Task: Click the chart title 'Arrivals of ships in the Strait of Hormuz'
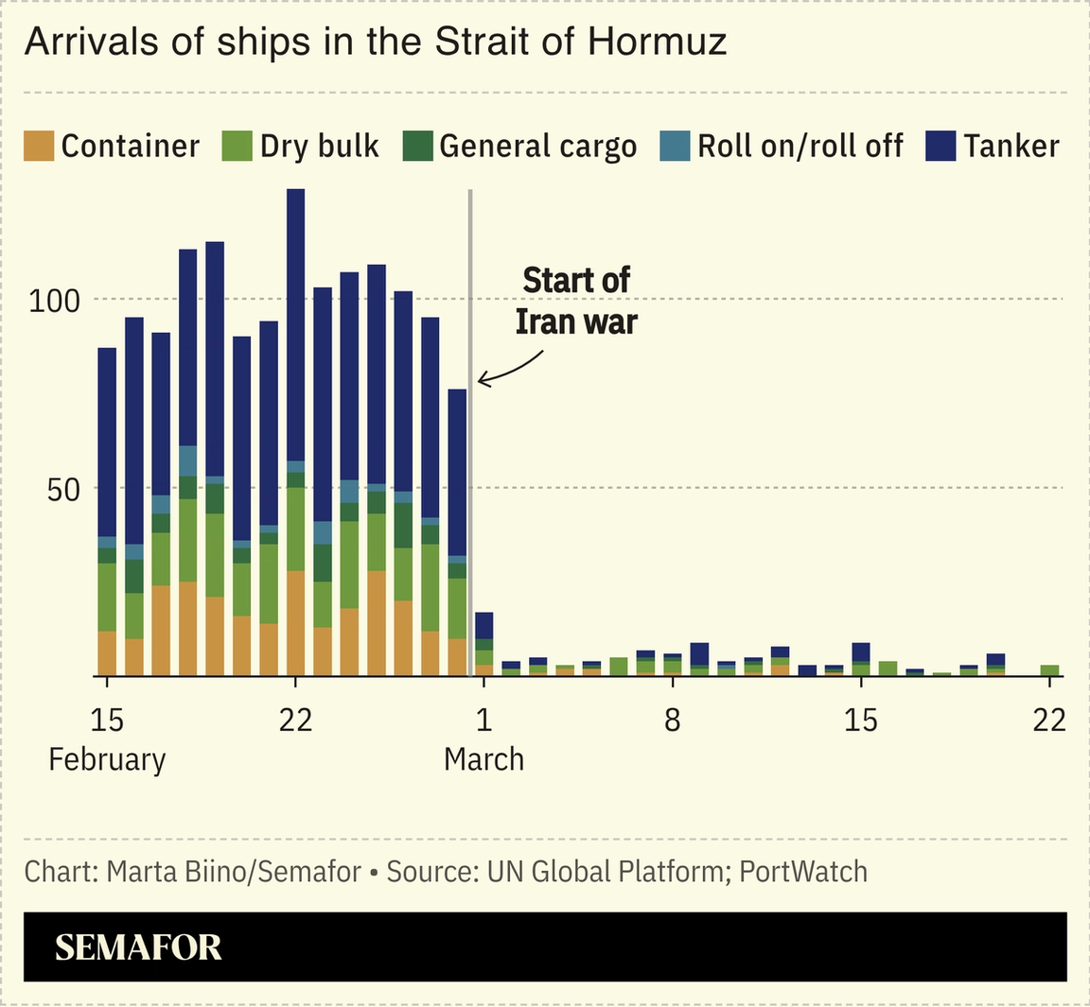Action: pyautogui.click(x=375, y=43)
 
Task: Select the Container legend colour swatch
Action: pyautogui.click(x=39, y=147)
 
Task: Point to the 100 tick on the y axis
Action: pyautogui.click(x=55, y=302)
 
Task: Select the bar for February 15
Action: pyautogui.click(x=107, y=512)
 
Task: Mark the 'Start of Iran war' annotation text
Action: pyautogui.click(x=575, y=301)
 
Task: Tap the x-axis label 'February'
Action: pyautogui.click(x=107, y=760)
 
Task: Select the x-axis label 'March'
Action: pyautogui.click(x=483, y=760)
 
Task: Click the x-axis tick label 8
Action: pyautogui.click(x=672, y=721)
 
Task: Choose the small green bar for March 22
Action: pyautogui.click(x=1049, y=670)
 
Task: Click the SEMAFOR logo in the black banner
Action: pyautogui.click(x=138, y=947)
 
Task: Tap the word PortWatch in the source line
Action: pyautogui.click(x=802, y=871)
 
